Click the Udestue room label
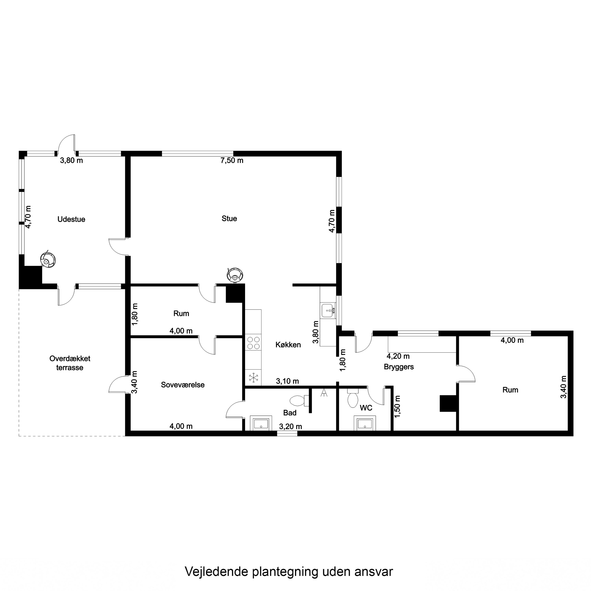point(71,219)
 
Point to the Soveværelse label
point(183,385)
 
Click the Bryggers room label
point(399,367)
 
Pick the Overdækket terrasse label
point(70,363)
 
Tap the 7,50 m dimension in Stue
point(232,161)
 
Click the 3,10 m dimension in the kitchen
point(287,381)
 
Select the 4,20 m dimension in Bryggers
point(398,356)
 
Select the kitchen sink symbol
point(328,310)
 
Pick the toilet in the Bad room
point(299,401)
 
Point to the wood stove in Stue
point(235,275)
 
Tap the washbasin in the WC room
point(365,423)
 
